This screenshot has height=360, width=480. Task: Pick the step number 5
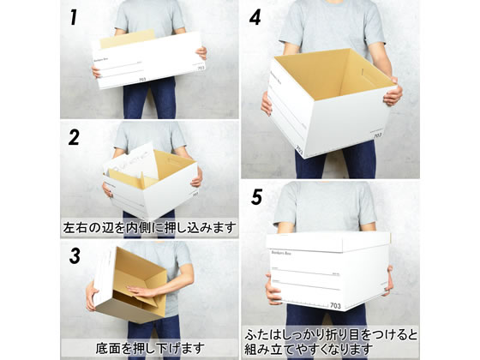coord(255,195)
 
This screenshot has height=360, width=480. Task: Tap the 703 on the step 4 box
coord(298,153)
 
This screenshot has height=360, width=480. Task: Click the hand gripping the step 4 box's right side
coord(393,93)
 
